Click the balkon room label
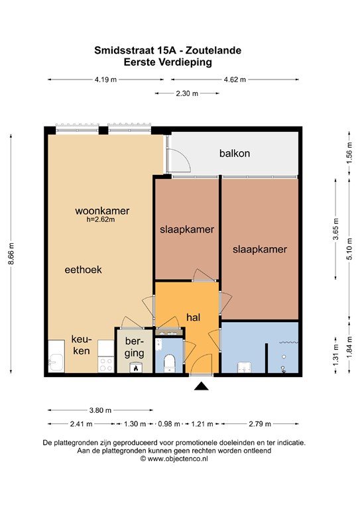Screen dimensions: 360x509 pos(235,153)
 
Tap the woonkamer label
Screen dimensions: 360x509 pos(102,211)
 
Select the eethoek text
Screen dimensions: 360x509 pos(83,270)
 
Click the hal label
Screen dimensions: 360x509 pos(193,317)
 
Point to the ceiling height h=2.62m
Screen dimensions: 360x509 pos(101,219)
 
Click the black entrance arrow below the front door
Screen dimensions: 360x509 pos(202,386)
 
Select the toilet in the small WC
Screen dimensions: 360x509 pos(170,363)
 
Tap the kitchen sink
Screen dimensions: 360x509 pos(56,362)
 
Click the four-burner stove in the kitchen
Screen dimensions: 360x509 pos(106,365)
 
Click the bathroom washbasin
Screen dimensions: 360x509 pos(245,367)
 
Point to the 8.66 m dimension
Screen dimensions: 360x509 pos(11,254)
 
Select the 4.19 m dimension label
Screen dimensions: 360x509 pos(105,80)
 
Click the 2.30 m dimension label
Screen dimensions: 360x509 pos(187,93)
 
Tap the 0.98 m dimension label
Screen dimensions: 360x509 pos(169,424)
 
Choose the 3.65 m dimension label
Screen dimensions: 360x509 pos(335,229)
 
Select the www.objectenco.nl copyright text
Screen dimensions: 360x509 pos(174,459)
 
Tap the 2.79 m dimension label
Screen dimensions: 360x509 pos(260,424)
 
